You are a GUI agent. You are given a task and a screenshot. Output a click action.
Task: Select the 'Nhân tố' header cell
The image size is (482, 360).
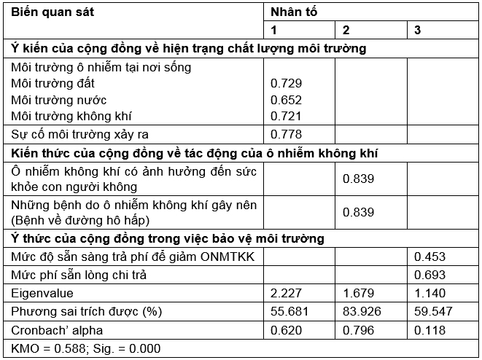pyautogui.click(x=294, y=12)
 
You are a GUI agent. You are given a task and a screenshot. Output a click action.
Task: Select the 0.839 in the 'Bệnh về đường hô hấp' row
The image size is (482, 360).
pyautogui.click(x=358, y=211)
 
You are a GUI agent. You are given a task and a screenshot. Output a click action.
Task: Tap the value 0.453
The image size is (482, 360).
pyautogui.click(x=429, y=257)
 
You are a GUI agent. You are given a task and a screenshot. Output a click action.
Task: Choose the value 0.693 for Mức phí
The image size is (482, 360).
pyautogui.click(x=429, y=275)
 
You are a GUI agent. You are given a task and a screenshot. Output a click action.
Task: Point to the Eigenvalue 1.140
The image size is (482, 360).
pyautogui.click(x=429, y=293)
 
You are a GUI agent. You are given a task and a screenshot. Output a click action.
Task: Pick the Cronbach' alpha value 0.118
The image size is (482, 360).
pyautogui.click(x=429, y=329)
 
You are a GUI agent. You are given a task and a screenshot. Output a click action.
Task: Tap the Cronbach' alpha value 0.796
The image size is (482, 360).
pyautogui.click(x=358, y=329)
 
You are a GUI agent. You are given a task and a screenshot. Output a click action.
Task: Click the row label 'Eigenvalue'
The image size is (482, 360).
pyautogui.click(x=42, y=293)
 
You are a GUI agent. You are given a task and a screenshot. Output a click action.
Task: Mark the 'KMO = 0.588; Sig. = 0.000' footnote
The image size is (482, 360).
pyautogui.click(x=86, y=348)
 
